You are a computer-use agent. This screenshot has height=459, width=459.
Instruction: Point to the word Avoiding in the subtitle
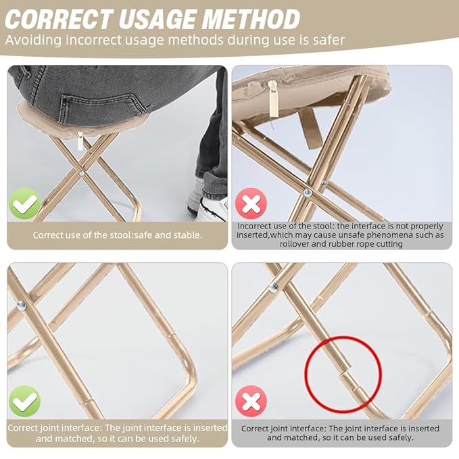[33, 40]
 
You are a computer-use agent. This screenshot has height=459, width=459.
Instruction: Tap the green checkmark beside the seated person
[24, 203]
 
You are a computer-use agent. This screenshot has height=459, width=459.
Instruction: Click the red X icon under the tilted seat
[251, 203]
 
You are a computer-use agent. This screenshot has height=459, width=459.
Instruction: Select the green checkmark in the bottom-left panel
[24, 400]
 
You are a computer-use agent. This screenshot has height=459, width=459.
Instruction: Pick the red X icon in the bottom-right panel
[251, 401]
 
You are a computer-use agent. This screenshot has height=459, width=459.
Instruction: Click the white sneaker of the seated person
[211, 205]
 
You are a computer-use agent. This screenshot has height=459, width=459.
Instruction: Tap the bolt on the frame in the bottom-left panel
[21, 306]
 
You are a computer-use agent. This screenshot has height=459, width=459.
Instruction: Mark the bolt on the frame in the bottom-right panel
[273, 288]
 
